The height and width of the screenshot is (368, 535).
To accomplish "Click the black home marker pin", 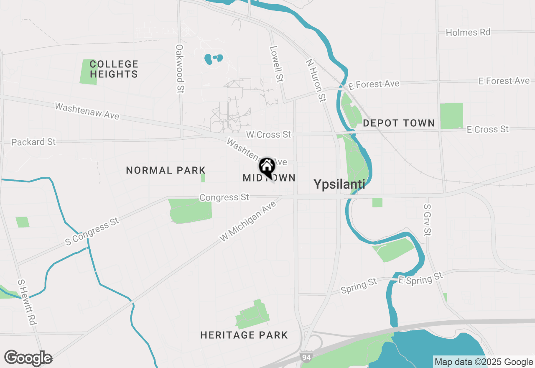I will [x=267, y=167].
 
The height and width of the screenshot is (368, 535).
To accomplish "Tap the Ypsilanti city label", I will [x=339, y=184].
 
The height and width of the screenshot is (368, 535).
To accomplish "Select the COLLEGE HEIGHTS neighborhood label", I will [x=114, y=69].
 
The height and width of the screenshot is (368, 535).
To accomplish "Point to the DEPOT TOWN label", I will [x=399, y=123].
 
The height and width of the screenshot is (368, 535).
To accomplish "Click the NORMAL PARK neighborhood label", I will [x=166, y=170].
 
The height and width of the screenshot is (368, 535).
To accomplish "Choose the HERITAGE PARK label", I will [x=244, y=335].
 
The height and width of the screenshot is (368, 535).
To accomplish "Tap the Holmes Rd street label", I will [x=468, y=32].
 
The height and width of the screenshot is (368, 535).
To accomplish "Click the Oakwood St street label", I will [x=180, y=69].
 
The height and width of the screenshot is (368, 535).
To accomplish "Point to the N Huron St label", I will [x=316, y=80].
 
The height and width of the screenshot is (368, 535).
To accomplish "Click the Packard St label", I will [x=33, y=142].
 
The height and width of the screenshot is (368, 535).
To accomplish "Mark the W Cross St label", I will [x=268, y=135].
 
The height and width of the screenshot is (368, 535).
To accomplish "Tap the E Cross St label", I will [x=487, y=130].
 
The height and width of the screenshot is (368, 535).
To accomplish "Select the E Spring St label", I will [x=420, y=279].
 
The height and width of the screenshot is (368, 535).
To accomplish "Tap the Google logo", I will [x=28, y=358].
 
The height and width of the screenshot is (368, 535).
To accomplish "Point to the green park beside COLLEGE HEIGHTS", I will [x=88, y=72].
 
